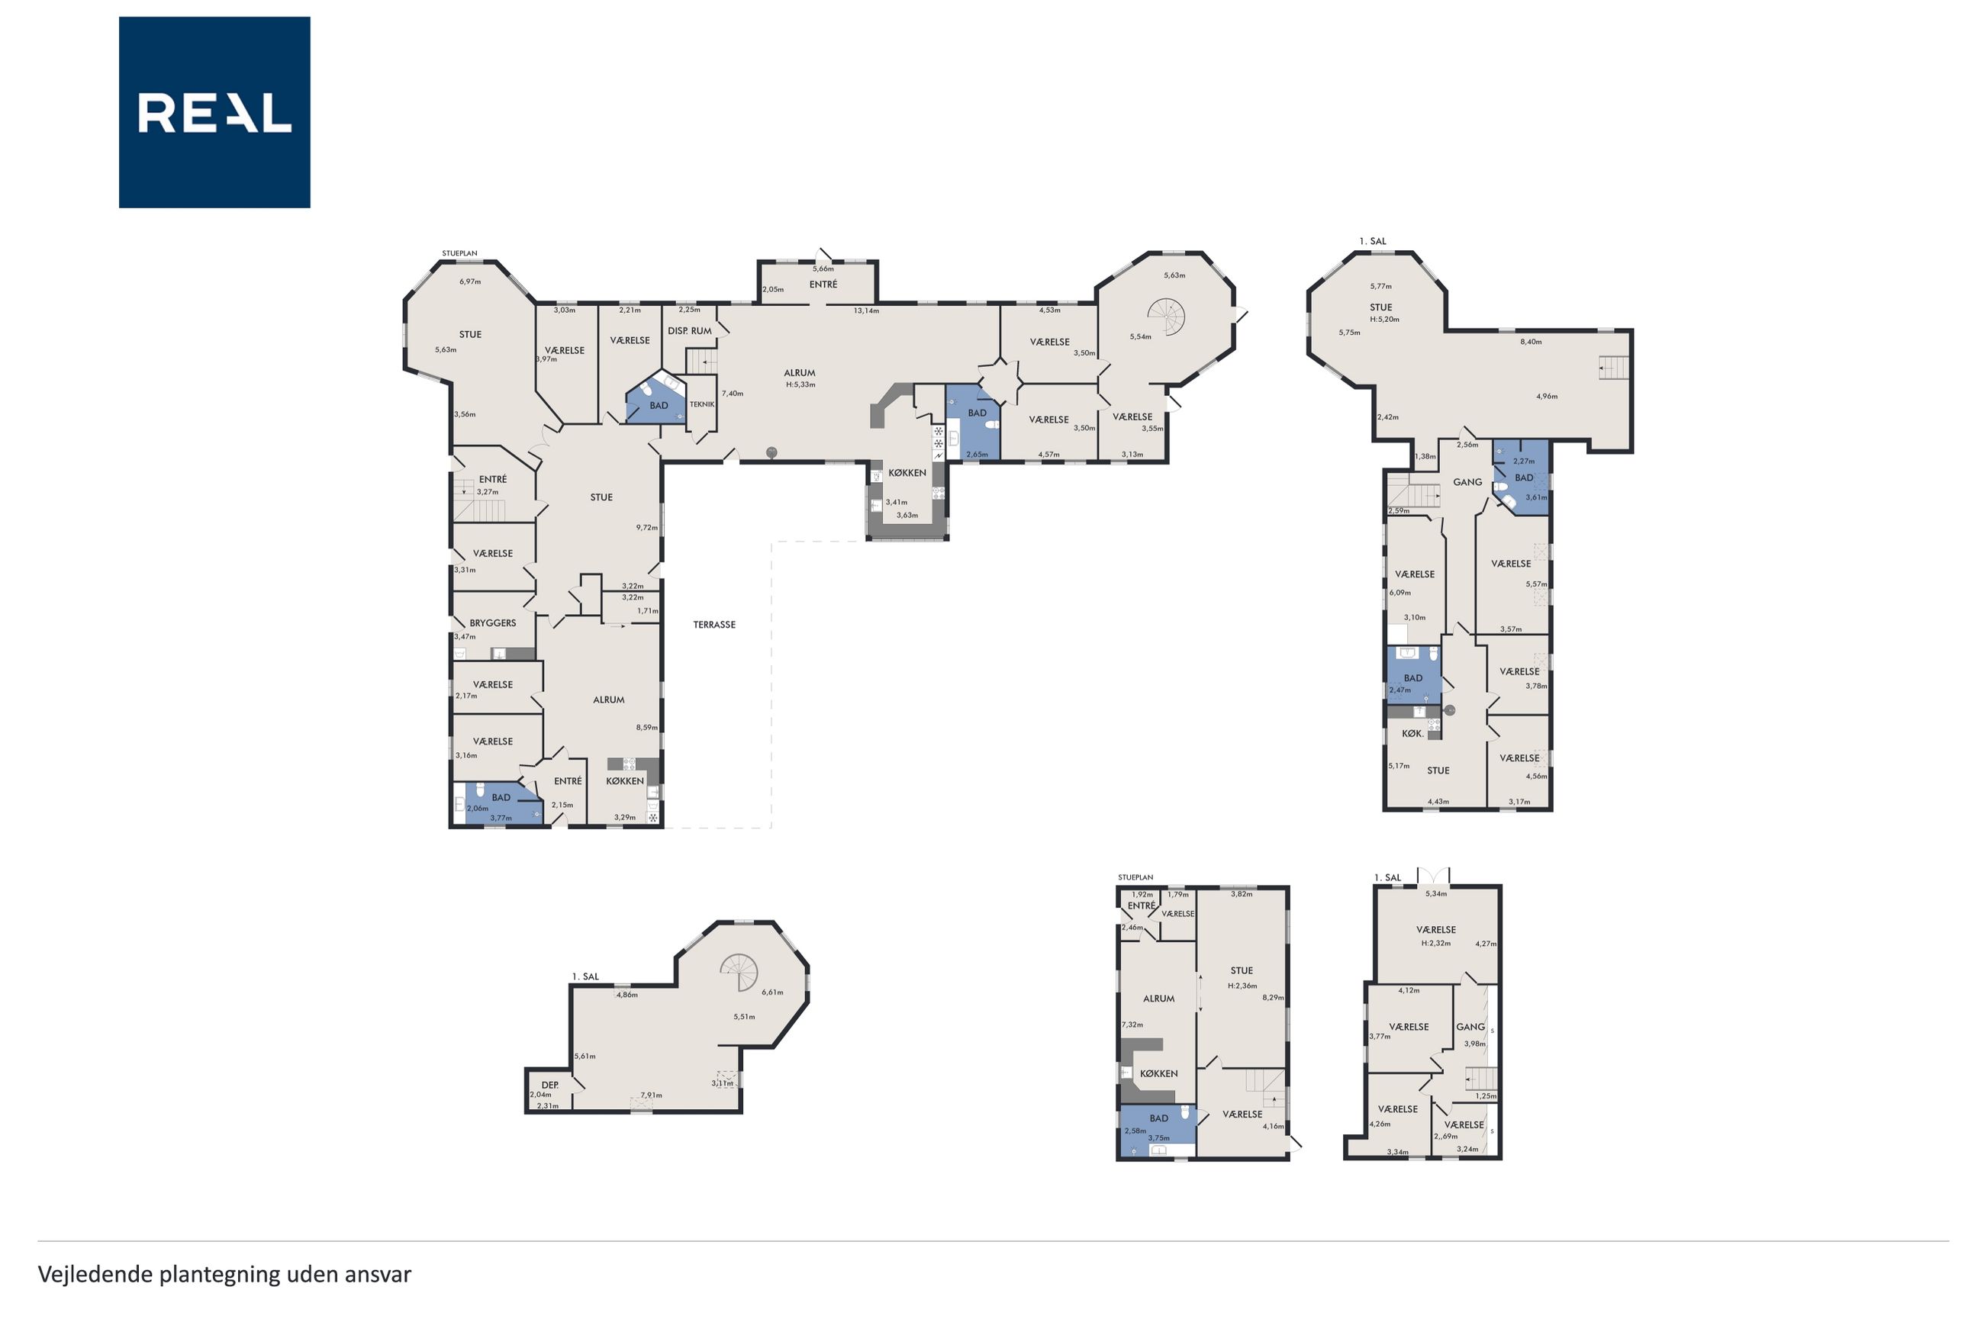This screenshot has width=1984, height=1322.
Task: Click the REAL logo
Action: click(214, 112)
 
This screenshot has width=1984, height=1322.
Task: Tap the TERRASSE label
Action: click(714, 625)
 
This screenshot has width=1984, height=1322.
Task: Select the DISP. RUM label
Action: click(690, 330)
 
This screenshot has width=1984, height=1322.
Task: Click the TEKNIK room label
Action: click(701, 405)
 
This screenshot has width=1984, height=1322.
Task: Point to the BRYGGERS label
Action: click(492, 623)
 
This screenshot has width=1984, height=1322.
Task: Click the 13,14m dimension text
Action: click(866, 311)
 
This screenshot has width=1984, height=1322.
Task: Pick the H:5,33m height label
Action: click(800, 384)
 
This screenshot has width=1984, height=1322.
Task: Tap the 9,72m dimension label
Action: click(647, 528)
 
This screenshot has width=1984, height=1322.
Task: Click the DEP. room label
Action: click(549, 1085)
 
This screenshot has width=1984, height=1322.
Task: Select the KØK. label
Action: click(1412, 734)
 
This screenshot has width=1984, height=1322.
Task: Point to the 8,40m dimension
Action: click(1531, 342)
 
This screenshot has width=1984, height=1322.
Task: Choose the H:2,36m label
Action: click(1242, 986)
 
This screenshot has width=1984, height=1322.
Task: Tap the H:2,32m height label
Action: click(1436, 944)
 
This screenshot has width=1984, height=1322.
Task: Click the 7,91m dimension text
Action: click(651, 1095)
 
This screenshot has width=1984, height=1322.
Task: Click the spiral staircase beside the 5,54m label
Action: click(1166, 317)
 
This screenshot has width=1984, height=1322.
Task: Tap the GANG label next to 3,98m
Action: click(1470, 1027)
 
